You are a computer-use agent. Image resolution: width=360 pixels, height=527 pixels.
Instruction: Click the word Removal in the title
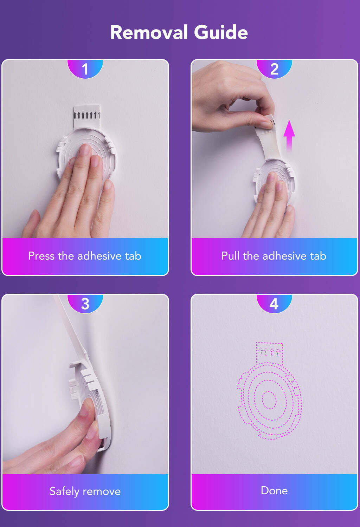click(149, 32)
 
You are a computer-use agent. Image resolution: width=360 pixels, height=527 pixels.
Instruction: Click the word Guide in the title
click(221, 32)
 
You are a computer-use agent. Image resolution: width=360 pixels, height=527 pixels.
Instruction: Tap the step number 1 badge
click(85, 69)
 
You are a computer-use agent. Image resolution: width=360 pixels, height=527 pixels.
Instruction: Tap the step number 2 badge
click(274, 69)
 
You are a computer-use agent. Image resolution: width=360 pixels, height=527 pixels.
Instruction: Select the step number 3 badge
click(85, 303)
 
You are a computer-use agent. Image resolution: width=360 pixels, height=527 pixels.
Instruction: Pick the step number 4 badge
click(274, 303)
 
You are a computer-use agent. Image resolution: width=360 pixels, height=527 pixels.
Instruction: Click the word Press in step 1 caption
click(41, 256)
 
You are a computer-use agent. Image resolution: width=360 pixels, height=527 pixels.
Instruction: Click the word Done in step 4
click(274, 491)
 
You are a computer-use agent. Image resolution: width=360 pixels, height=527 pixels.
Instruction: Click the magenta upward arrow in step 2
click(289, 136)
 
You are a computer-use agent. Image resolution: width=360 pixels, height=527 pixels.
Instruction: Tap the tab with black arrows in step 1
click(87, 116)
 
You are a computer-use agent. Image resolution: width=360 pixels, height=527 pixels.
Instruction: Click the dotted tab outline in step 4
click(269, 353)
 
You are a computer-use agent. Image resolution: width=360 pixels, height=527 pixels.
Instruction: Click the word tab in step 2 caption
click(318, 256)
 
